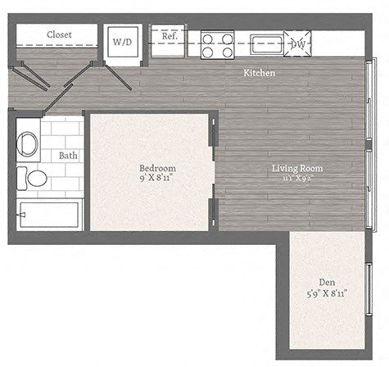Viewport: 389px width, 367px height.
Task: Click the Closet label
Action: [59, 34]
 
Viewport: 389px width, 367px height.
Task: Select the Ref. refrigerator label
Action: [170, 37]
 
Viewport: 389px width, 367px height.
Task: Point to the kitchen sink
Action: [266, 43]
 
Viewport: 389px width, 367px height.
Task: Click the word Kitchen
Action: [259, 74]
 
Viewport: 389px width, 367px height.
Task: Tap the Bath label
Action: [68, 155]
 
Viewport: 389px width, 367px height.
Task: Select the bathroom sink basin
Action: [27, 144]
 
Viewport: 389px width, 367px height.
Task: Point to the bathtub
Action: [49, 215]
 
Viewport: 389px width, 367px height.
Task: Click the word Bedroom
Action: [157, 168]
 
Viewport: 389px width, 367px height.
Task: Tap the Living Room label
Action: [297, 169]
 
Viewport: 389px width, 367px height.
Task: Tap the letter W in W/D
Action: [117, 41]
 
